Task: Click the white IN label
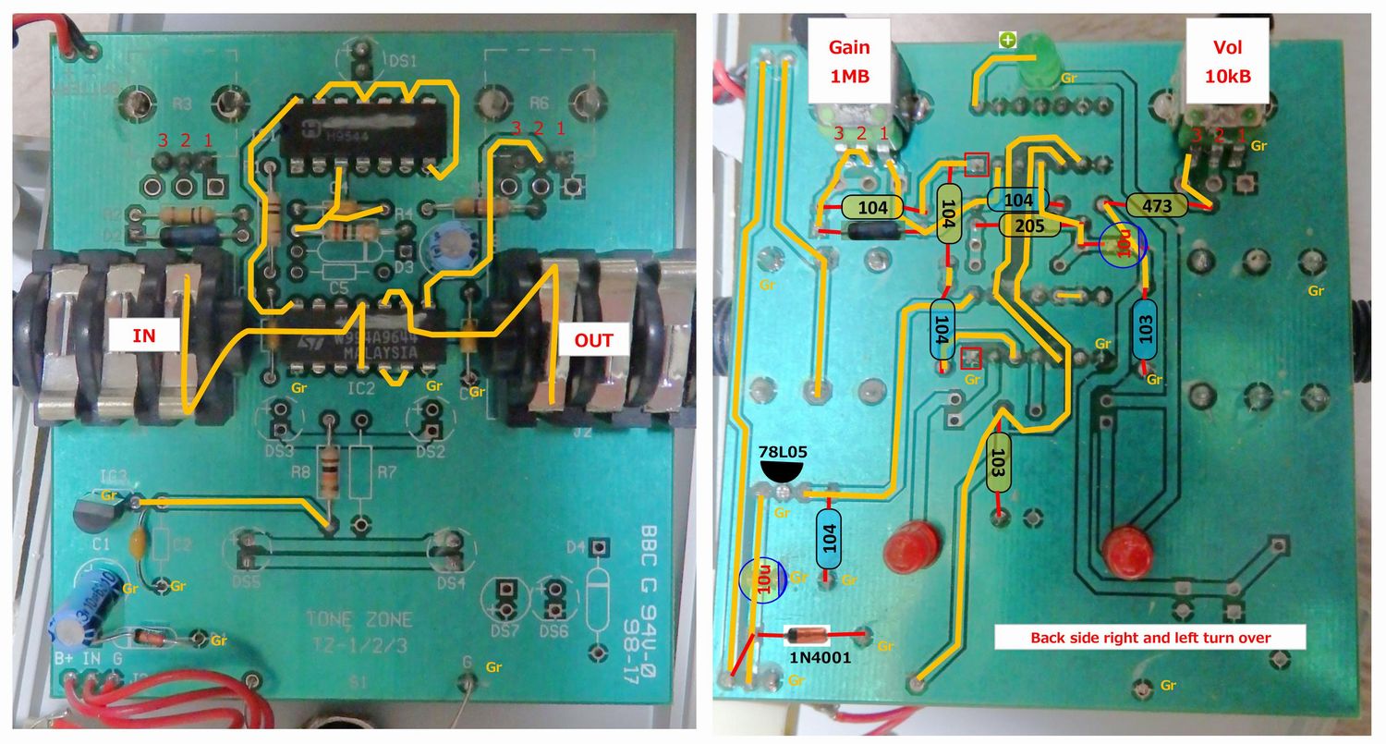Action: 144,336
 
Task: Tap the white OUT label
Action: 594,339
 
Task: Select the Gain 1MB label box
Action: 849,62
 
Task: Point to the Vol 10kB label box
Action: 1227,62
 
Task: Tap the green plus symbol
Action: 1007,40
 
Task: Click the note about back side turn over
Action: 1150,638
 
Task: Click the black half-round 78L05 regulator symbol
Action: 783,474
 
